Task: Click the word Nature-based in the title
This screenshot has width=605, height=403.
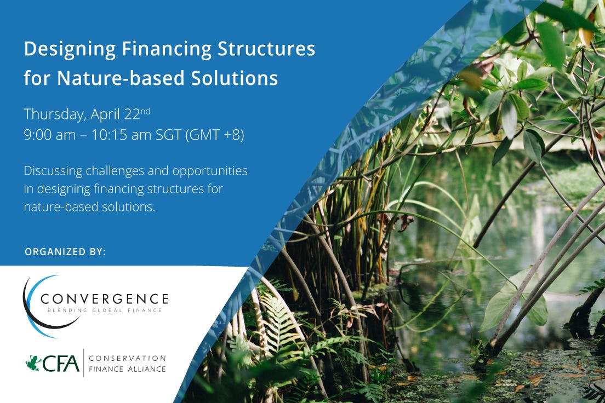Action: (x=109, y=78)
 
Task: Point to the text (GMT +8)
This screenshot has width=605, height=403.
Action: (x=214, y=135)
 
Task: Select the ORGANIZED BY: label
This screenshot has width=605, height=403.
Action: (x=65, y=252)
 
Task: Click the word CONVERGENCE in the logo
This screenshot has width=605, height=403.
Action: (x=104, y=299)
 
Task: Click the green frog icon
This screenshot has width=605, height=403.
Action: (x=33, y=363)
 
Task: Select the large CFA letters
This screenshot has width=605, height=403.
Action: (x=61, y=363)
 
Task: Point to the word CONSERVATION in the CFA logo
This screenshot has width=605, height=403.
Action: (x=128, y=358)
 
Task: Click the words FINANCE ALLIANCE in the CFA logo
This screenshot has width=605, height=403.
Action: (x=127, y=369)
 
